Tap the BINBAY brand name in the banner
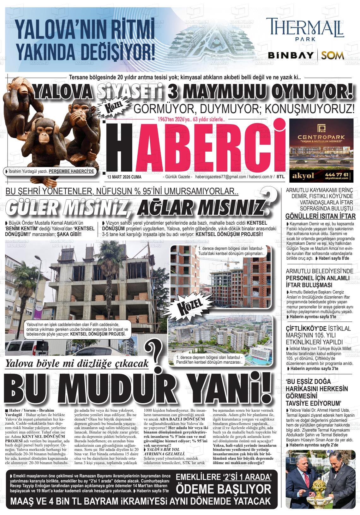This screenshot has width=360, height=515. point(290,56)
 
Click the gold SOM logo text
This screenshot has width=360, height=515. point(333,56)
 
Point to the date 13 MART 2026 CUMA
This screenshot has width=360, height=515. point(124,177)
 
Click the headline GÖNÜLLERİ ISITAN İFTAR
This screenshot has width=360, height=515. point(321,216)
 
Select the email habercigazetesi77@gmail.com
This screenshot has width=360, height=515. point(221,177)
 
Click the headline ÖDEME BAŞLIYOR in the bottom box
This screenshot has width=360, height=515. point(224,489)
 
